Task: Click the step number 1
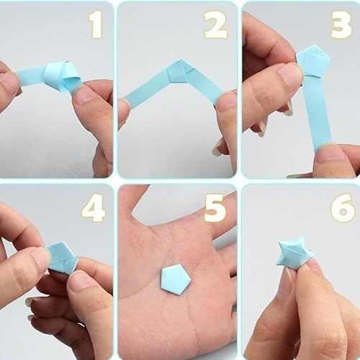96,24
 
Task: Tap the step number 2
215,25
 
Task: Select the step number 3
341,25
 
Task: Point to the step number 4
93,208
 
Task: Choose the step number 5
215,208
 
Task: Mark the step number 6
343,208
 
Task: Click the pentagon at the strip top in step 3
314,63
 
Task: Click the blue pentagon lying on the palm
176,279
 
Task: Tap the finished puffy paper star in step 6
294,254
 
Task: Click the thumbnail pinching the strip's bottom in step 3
330,154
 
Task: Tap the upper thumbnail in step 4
40,260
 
